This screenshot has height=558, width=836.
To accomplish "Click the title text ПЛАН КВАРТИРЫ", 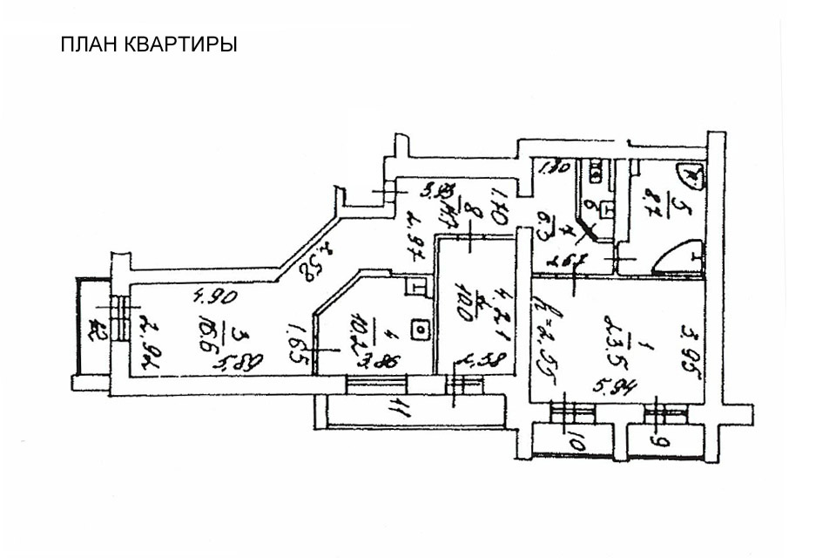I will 149,44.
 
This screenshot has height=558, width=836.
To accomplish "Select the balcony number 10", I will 576,443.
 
